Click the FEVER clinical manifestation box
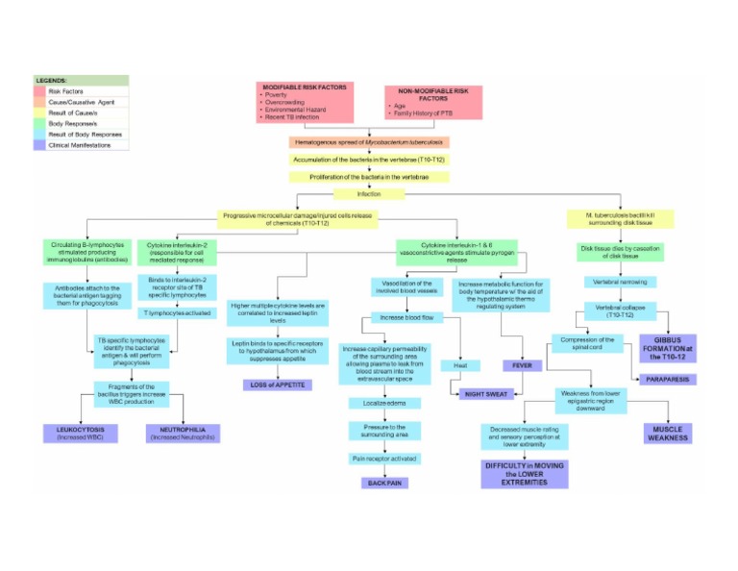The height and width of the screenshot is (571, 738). [523, 365]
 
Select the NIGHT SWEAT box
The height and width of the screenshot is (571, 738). [486, 394]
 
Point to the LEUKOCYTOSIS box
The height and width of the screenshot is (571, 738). [79, 433]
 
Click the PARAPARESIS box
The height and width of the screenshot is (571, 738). [669, 380]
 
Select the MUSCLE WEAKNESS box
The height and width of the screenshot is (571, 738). [670, 433]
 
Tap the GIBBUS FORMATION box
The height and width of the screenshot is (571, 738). [668, 347]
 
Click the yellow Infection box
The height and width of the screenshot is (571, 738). [369, 194]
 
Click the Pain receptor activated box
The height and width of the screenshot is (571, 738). [383, 459]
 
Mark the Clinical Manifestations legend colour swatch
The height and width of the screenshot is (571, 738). [45, 145]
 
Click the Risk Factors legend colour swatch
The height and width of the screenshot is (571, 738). [45, 91]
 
